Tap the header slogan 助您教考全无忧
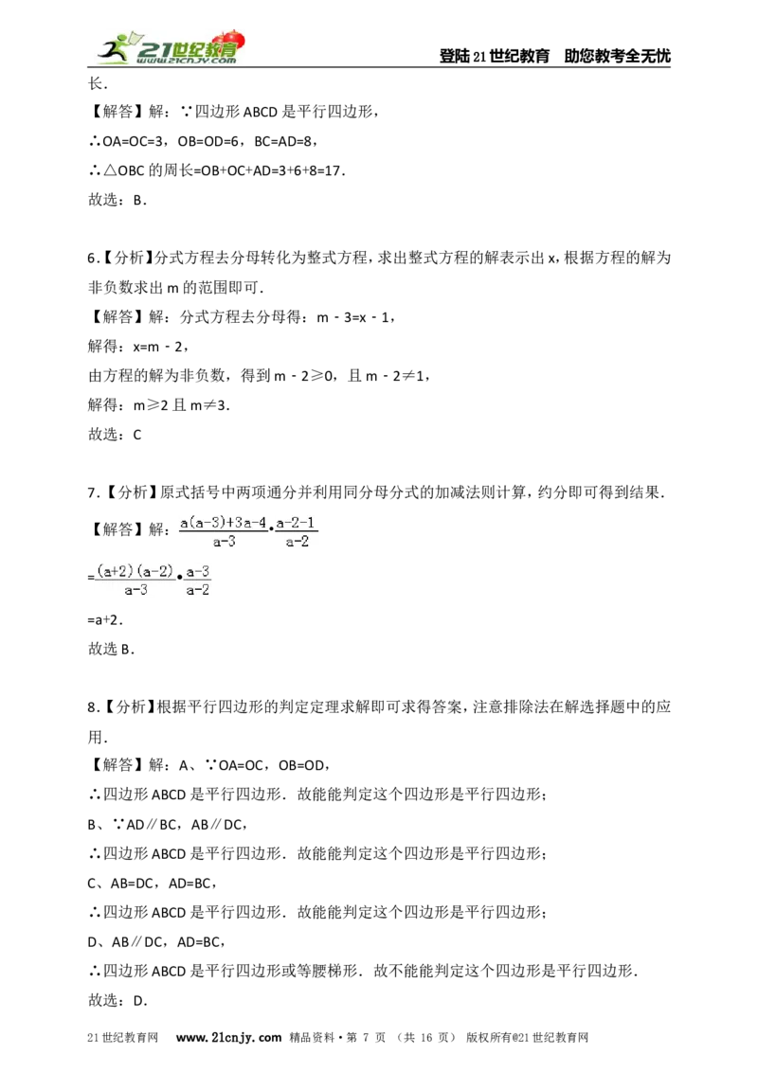tap(617, 56)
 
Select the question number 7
tap(94, 493)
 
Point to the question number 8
tap(94, 707)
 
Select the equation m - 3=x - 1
tap(353, 317)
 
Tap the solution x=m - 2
tap(158, 347)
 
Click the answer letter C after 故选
tap(136, 435)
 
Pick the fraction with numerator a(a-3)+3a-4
tap(224, 532)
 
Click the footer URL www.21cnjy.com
tap(228, 1037)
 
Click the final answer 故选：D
tap(117, 1001)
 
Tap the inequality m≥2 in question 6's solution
tap(149, 405)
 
